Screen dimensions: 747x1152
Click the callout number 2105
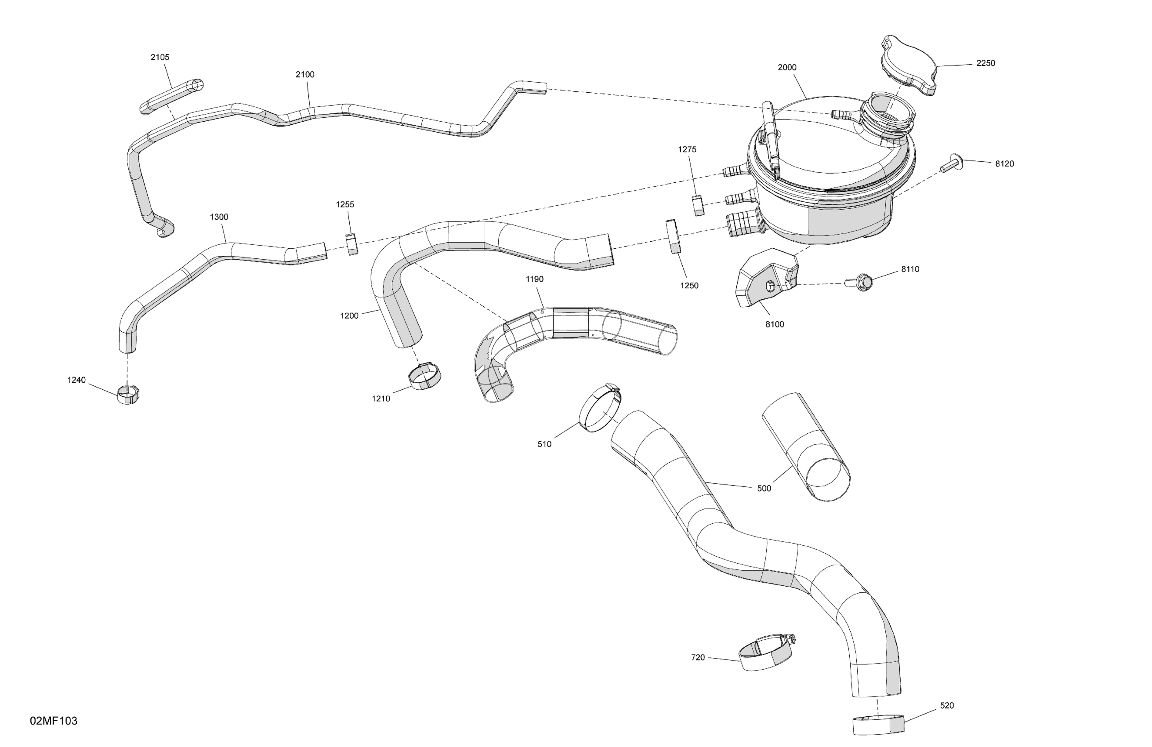(x=160, y=57)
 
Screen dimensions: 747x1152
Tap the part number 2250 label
(x=985, y=63)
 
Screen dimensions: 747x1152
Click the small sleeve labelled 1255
(x=352, y=244)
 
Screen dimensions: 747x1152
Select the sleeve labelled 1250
(x=673, y=236)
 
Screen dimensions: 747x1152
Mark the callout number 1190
(x=534, y=279)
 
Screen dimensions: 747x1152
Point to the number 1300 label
(x=219, y=217)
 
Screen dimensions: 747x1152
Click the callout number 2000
(x=786, y=68)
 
